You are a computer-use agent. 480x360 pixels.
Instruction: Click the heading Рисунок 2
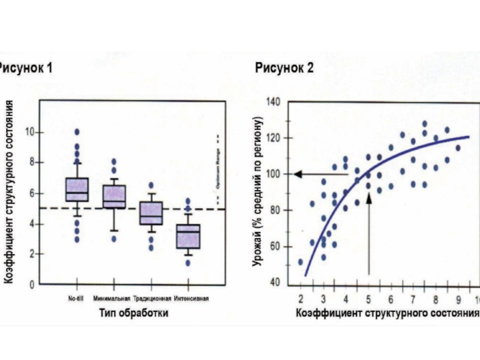pyautogui.click(x=284, y=68)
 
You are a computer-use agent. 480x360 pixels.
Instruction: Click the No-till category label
pyautogui.click(x=76, y=298)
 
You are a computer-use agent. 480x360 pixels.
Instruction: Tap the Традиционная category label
pyautogui.click(x=152, y=298)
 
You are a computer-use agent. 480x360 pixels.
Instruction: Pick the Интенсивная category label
pyautogui.click(x=191, y=298)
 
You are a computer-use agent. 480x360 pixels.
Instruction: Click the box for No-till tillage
pyautogui.click(x=77, y=190)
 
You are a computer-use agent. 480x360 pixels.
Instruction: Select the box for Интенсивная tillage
pyautogui.click(x=188, y=236)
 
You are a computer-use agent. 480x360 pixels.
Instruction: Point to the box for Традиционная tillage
pyautogui.click(x=151, y=213)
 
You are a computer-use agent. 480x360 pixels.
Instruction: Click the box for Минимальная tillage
pyautogui.click(x=114, y=197)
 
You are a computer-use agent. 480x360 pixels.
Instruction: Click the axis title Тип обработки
pyautogui.click(x=133, y=313)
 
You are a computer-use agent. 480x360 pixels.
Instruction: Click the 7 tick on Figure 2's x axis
pyautogui.click(x=413, y=298)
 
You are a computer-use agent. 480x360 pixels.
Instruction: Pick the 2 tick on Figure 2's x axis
pyautogui.click(x=300, y=298)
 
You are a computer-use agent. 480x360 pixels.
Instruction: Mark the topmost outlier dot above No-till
pyautogui.click(x=77, y=131)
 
